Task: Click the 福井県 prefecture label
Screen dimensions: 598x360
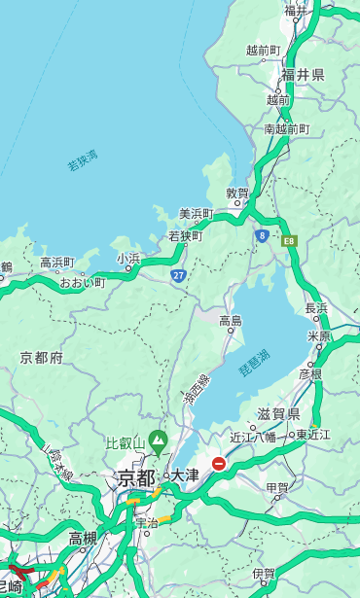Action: [x=303, y=75]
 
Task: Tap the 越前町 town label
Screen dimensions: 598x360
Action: [x=263, y=50]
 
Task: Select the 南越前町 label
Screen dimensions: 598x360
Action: [x=286, y=128]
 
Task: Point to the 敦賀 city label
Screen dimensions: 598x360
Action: [x=237, y=193]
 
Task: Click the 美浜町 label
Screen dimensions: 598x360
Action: [x=196, y=214]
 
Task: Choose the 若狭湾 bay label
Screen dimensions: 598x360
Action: [x=82, y=160]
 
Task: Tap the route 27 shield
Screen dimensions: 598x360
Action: [x=179, y=275]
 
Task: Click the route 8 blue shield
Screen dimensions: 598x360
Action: [x=262, y=235]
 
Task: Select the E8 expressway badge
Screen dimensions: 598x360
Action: [x=289, y=239]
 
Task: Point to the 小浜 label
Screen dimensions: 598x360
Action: [x=127, y=259]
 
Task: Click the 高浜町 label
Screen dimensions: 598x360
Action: [x=56, y=263]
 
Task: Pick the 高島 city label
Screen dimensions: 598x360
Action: [x=231, y=321]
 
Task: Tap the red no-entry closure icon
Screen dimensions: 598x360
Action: [x=220, y=464]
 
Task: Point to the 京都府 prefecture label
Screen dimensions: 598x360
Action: [x=42, y=358]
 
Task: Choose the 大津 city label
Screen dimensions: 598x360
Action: [x=185, y=475]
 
